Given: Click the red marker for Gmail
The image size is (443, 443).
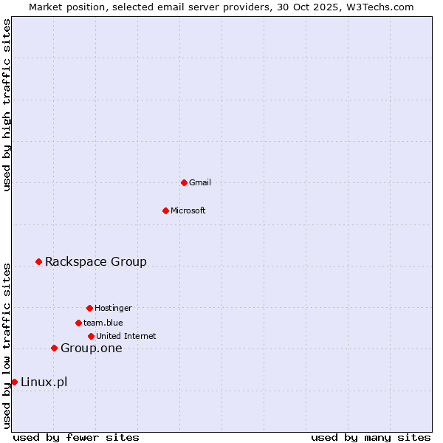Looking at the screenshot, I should pos(184,182).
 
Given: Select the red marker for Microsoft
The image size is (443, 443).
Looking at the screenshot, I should pos(165,210).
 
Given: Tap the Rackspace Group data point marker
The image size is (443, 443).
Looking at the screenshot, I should pos(38,261).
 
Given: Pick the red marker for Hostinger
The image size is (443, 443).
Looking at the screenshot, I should pos(89,308).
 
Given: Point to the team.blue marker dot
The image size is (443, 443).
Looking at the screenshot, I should pos(78,323).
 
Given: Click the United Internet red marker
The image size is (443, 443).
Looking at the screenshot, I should pos(91,336).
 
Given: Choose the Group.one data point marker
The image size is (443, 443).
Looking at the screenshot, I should pos(54,348).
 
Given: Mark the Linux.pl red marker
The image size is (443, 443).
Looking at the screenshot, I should pos(14,382).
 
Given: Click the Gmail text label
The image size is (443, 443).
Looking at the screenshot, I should pos(200,182).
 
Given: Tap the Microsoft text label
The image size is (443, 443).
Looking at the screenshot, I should pos(188,210).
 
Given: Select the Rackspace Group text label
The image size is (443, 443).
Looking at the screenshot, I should pos(96,261).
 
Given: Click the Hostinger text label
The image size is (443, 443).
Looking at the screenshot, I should pos(113,308).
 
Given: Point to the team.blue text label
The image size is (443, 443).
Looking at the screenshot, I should pos(103,323).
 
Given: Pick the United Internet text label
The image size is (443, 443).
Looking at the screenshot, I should pos(126,336).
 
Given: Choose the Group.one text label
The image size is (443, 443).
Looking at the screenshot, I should pos(92,348).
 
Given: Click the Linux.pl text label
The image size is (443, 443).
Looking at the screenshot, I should pos(44,382).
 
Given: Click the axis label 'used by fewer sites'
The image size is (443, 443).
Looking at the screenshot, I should pos(76,437).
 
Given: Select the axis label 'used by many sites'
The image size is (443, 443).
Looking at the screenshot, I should pos(371,437).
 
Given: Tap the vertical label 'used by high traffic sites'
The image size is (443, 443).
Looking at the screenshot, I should pos(7,105).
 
